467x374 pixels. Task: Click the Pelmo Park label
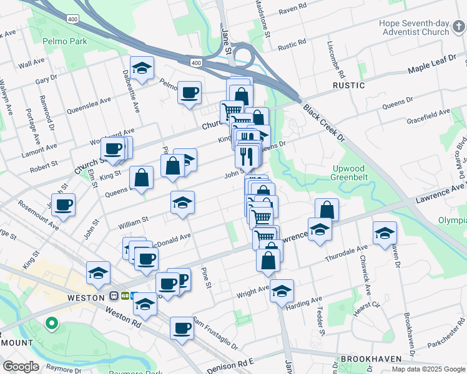(x=65, y=42)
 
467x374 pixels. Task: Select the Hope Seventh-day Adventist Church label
(x=414, y=27)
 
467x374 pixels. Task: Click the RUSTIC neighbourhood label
(x=348, y=85)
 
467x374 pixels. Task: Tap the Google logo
(x=21, y=367)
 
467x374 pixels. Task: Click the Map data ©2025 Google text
(x=428, y=369)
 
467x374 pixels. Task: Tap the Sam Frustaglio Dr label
(x=215, y=332)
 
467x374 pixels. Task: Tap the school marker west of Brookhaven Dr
(x=385, y=233)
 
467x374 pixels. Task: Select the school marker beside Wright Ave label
(x=282, y=290)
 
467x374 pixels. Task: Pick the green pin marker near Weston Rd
(x=52, y=324)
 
